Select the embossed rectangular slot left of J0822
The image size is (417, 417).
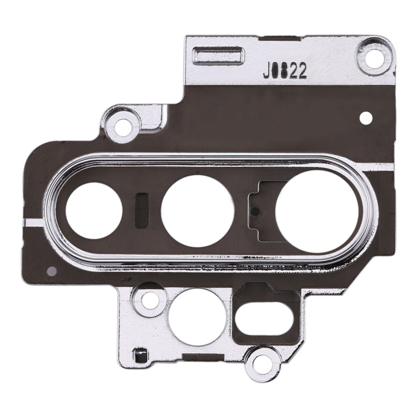click(x=219, y=56)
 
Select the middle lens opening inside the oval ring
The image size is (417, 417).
click(x=197, y=211)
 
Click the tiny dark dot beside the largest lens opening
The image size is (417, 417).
click(x=254, y=212)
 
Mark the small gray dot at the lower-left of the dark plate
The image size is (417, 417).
click(x=52, y=271)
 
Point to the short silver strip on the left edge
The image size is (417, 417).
click(x=33, y=223)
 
